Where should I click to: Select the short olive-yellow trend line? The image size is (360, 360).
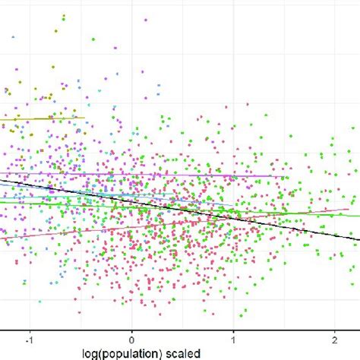(46, 118)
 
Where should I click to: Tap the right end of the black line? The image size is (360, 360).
(358, 241)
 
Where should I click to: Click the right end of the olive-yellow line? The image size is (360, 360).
(84, 117)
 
